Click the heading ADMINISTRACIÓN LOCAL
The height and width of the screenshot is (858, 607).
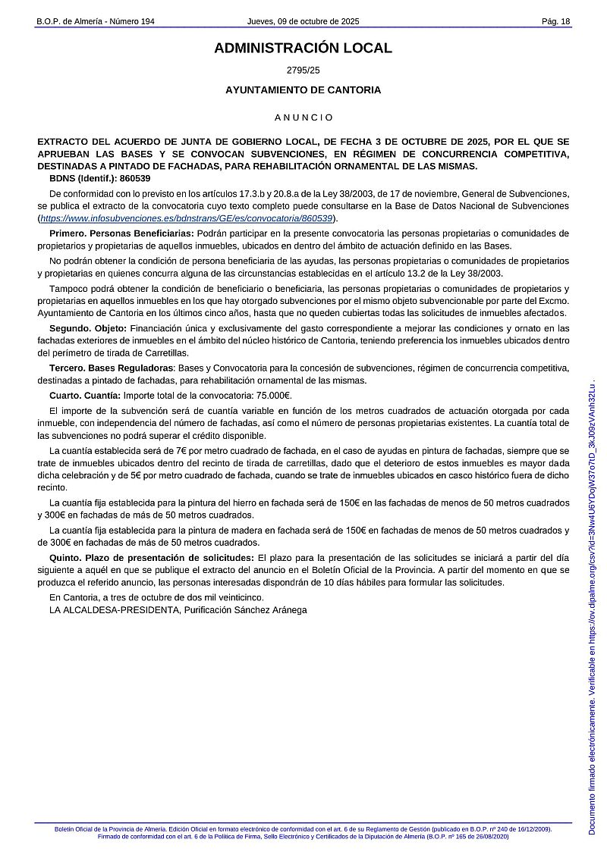(303, 49)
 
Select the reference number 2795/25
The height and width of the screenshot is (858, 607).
(303, 70)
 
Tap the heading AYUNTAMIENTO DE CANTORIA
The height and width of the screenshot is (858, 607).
(303, 90)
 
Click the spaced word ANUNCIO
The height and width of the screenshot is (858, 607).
(303, 117)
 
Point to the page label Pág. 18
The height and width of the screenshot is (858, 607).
(555, 21)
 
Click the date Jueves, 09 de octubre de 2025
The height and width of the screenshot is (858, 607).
(303, 21)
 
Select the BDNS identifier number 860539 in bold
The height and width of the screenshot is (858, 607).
(135, 178)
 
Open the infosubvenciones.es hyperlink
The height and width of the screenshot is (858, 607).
(187, 218)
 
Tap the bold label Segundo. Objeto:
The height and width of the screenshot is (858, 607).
(88, 328)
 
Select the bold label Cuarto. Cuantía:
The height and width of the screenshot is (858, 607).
(85, 395)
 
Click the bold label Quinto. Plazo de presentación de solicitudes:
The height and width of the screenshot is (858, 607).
(152, 558)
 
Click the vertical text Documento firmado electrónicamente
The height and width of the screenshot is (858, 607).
(593, 766)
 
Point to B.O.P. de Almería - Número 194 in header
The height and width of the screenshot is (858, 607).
(96, 21)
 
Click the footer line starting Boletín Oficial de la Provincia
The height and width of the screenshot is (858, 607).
(303, 830)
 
